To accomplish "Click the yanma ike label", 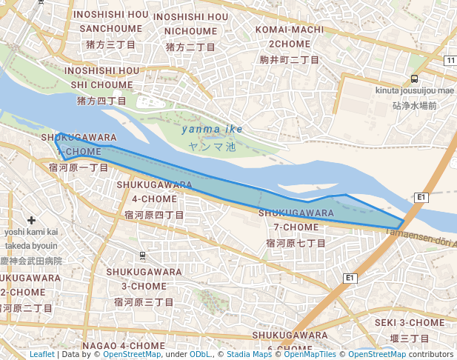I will [212, 130].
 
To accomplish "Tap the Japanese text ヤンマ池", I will [211, 147].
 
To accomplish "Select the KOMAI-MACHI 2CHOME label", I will [290, 36].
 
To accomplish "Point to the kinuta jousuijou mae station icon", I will [414, 79].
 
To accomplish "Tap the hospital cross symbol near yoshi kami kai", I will [31, 220].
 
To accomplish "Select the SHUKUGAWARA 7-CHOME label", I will [296, 220].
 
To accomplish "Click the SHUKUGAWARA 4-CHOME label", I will [155, 192].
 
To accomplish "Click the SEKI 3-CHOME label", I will [410, 322].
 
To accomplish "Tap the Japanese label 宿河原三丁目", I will [144, 302].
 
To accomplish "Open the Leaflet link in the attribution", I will [41, 354].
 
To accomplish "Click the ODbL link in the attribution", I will [200, 354].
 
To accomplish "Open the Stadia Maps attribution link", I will [249, 354].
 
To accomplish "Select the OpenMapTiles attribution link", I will [310, 354].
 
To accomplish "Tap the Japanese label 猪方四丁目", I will [101, 101].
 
